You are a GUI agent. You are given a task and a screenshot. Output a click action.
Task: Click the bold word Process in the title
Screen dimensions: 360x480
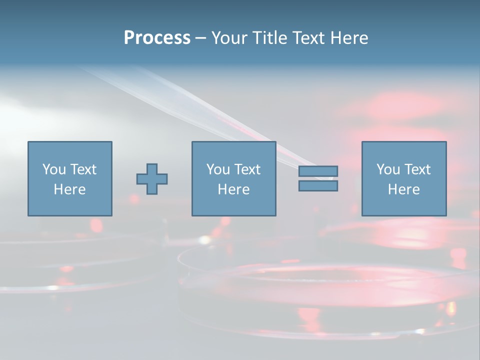157,38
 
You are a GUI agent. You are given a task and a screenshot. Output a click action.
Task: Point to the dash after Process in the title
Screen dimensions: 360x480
200,38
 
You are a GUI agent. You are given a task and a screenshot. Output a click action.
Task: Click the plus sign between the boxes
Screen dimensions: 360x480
152,179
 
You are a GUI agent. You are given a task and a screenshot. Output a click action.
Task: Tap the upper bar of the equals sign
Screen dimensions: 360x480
318,171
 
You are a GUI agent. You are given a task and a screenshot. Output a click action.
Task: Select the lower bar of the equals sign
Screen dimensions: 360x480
318,185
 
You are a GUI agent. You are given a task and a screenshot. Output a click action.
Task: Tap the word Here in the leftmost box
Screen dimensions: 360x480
69,189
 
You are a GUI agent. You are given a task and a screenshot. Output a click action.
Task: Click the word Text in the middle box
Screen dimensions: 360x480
247,169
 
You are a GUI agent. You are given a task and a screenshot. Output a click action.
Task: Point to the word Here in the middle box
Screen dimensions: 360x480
233,189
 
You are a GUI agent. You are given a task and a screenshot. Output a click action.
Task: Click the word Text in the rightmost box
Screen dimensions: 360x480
417,169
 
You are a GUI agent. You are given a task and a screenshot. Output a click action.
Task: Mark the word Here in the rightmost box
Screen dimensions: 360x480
403,189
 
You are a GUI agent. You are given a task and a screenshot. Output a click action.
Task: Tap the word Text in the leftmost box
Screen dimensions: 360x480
83,169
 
